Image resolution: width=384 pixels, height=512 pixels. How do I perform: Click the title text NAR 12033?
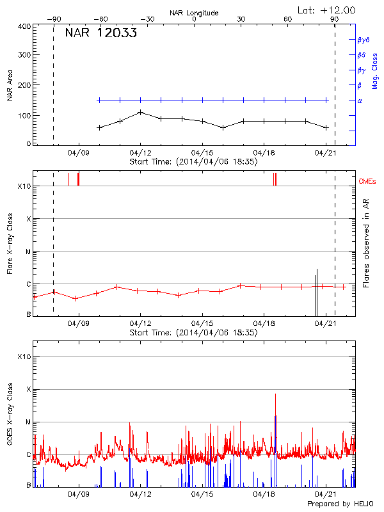coord(100,34)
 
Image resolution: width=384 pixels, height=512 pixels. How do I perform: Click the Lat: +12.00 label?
coord(328,10)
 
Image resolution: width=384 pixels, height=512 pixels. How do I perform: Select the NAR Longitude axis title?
coord(194,13)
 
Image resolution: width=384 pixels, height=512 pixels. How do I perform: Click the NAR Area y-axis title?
coord(10,86)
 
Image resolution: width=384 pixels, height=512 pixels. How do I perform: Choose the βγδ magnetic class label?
coord(363,40)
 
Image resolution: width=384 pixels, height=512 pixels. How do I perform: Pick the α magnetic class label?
coord(359,100)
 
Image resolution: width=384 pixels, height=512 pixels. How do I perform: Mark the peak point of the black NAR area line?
coord(141,112)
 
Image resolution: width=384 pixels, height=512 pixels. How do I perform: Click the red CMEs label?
coord(367,182)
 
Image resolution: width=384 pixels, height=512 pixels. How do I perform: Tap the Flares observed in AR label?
coord(365,243)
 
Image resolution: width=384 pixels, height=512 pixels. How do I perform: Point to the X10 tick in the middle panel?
coord(24,186)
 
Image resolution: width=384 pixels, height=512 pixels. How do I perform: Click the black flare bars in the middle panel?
coord(316,293)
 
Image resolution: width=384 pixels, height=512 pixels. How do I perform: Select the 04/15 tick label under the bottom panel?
coord(202,494)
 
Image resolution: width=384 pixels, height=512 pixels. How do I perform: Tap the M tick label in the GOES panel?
coord(28,422)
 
